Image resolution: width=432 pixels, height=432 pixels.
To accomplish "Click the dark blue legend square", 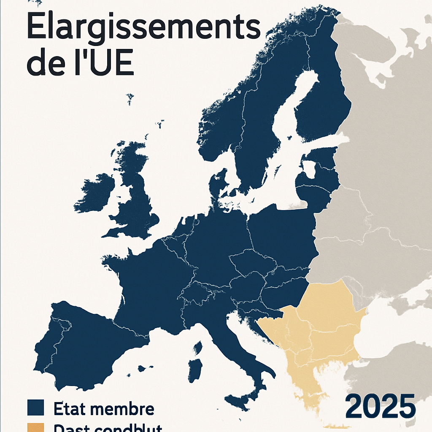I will click(x=35, y=408).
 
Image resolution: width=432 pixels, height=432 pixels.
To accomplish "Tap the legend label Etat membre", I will click(x=104, y=409).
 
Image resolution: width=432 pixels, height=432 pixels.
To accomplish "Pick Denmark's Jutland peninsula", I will click(x=216, y=186).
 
